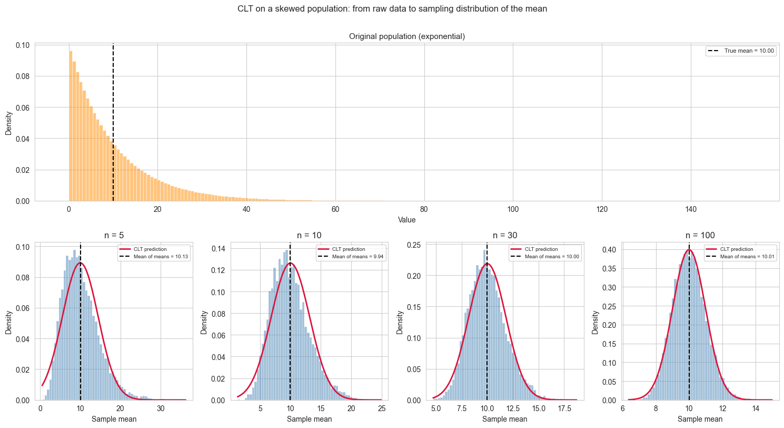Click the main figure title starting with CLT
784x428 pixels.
point(392,8)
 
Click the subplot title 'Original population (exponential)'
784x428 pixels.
point(406,36)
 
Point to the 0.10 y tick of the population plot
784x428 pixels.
point(22,45)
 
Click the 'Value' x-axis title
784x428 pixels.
point(406,220)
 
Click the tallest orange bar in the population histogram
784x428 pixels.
point(71,126)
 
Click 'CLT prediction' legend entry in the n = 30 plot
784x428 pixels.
point(541,249)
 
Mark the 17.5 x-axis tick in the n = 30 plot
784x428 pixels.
point(565,408)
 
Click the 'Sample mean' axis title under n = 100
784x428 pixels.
point(700,420)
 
